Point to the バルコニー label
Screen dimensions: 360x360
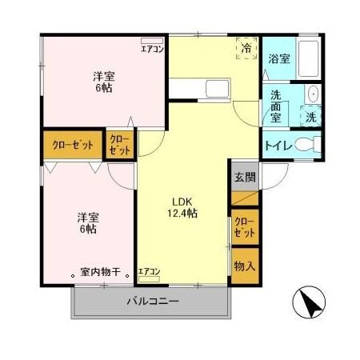click(x=152, y=302)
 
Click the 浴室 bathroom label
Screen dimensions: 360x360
click(x=278, y=58)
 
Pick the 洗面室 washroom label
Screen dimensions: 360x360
click(x=276, y=105)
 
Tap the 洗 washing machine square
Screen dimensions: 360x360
click(x=312, y=117)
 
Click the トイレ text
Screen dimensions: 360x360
click(x=277, y=146)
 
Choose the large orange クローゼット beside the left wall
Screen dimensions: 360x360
click(x=72, y=145)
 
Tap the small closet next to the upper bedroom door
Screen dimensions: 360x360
click(x=119, y=145)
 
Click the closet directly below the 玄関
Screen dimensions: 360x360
click(x=245, y=226)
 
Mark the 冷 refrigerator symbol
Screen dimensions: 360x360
click(x=246, y=50)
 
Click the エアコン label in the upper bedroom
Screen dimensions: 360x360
click(x=153, y=48)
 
